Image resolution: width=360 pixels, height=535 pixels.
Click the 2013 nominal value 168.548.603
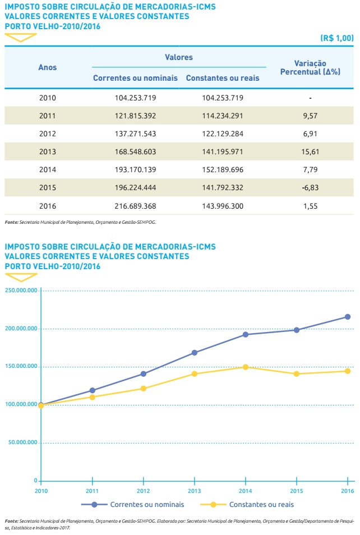point(135,152)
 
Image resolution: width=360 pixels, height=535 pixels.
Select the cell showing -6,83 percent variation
point(310,188)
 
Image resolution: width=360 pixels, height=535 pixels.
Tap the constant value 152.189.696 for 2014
point(222,170)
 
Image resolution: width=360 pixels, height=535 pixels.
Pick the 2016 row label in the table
point(48,206)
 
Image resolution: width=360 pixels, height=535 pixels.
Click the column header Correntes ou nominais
point(135,78)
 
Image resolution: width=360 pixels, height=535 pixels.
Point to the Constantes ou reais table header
point(223,78)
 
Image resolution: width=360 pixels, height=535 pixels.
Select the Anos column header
point(48,67)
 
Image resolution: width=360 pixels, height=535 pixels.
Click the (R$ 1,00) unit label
point(337,38)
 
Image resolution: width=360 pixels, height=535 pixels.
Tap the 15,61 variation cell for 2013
point(310,152)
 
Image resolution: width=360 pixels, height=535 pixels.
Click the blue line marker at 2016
point(348,317)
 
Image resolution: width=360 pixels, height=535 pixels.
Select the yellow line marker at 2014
point(246,367)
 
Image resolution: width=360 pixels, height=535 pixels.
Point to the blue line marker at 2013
point(195,353)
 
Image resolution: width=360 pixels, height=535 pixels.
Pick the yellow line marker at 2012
point(144,388)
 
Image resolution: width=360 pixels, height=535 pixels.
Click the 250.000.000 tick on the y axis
point(20,290)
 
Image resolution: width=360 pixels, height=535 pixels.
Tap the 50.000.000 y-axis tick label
point(22,442)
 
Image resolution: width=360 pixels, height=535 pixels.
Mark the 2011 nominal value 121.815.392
point(135,116)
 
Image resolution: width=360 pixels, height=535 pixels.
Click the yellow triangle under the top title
point(21,38)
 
